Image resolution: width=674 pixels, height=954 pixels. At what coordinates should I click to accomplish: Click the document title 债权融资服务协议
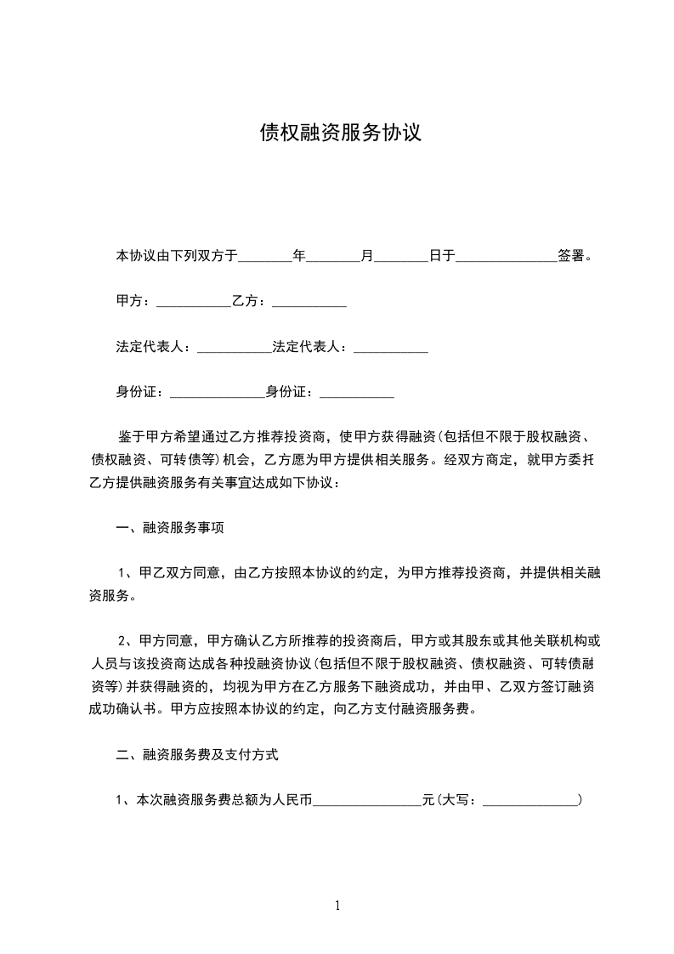340,133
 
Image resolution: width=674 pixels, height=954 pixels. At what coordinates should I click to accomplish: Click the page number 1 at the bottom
337,906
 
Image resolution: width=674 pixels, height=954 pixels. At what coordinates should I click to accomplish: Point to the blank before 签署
506,255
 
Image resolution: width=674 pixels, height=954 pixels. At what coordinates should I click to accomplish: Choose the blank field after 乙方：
309,302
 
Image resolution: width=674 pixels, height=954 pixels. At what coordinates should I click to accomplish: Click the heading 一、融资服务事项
170,529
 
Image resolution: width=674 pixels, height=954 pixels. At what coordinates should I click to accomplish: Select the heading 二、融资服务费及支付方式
197,754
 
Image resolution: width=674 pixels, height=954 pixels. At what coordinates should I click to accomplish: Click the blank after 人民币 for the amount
367,801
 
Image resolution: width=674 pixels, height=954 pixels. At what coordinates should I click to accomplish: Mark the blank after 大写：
530,801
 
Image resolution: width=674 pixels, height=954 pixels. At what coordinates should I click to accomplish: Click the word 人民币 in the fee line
292,800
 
